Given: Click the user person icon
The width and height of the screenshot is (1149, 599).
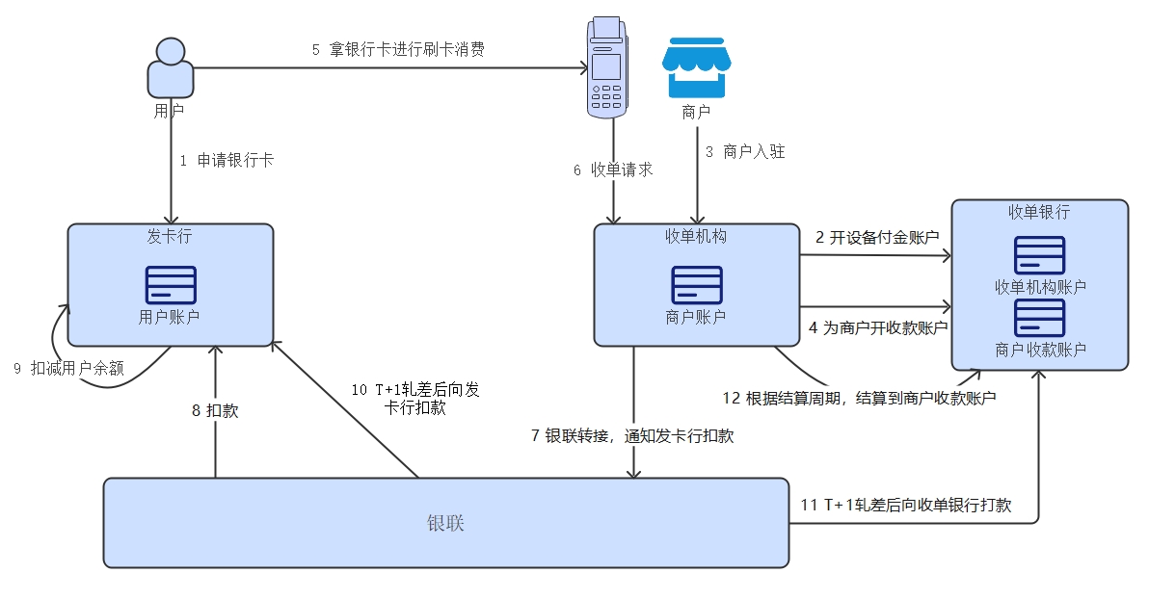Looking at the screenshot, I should tap(170, 67).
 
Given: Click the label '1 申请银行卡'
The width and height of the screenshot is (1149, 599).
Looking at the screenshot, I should tap(227, 161).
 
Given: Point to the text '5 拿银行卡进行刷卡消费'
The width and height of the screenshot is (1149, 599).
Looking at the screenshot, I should tap(398, 50).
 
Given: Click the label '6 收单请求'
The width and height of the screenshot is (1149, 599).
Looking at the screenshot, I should tap(613, 170).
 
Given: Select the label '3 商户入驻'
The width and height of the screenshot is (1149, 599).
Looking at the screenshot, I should tap(745, 151).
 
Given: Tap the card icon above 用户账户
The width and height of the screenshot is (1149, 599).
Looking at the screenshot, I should tap(171, 285).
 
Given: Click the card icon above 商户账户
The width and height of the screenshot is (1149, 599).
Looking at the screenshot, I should tap(696, 285).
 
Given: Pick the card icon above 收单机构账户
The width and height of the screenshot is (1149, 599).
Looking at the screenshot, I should tap(1039, 255).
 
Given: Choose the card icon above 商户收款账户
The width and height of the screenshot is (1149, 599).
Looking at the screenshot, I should tap(1039, 318).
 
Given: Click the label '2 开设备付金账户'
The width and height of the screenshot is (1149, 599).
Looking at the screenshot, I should tap(877, 237).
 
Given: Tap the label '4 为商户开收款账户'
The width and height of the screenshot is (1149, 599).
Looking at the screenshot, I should tap(878, 327).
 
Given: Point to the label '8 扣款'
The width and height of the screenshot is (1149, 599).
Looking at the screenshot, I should tap(215, 410).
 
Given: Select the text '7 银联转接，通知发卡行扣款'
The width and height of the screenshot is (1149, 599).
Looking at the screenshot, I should tap(632, 435).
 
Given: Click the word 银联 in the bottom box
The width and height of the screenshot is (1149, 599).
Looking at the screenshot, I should tap(445, 523).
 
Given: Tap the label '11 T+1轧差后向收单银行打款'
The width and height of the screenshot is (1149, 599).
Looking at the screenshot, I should tap(906, 505).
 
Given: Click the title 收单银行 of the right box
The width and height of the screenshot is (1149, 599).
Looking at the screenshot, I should tap(1039, 212).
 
